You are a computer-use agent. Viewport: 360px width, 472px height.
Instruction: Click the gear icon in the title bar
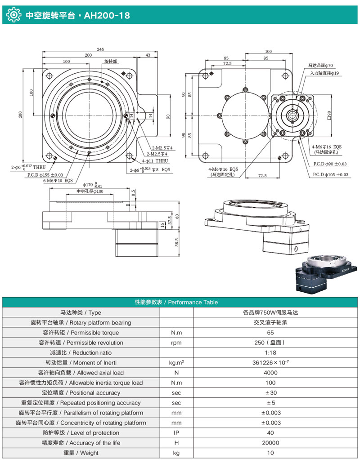(14, 15)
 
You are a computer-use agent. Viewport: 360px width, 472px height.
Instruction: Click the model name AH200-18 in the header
(107, 15)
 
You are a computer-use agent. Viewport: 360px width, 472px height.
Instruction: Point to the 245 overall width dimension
(99, 49)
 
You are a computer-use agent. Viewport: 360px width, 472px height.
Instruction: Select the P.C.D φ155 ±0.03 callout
(45, 175)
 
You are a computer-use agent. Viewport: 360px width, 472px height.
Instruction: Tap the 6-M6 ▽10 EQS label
(58, 180)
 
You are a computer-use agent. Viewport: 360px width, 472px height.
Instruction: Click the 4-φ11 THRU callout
(155, 160)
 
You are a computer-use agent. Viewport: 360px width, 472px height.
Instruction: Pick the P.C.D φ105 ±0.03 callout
(330, 174)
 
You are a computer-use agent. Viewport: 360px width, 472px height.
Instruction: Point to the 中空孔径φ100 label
(90, 191)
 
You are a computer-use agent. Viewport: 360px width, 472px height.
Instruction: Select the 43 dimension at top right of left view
(148, 55)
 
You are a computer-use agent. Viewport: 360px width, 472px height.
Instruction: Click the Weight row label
(81, 453)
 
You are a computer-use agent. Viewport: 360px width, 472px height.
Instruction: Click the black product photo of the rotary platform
(324, 275)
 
